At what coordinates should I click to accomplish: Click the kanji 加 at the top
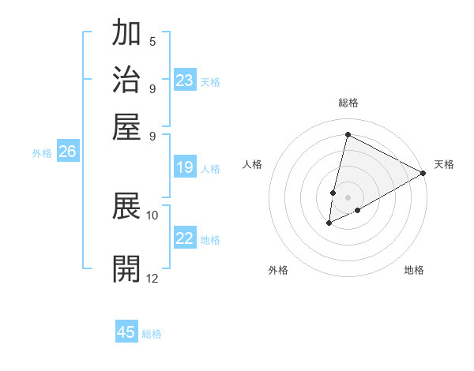pyautogui.click(x=126, y=34)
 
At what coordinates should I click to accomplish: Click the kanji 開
pyautogui.click(x=126, y=269)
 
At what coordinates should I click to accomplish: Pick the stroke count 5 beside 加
pyautogui.click(x=152, y=41)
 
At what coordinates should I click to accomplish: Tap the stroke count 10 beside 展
pyautogui.click(x=152, y=215)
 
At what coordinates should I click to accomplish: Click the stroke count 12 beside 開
pyautogui.click(x=152, y=278)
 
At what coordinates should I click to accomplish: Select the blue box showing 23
pyautogui.click(x=184, y=81)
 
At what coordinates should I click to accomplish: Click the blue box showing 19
pyautogui.click(x=184, y=167)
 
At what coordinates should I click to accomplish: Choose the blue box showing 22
pyautogui.click(x=184, y=238)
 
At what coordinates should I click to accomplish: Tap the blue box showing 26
pyautogui.click(x=67, y=152)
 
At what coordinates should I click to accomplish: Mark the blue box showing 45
pyautogui.click(x=126, y=332)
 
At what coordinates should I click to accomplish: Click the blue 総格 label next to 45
pyautogui.click(x=152, y=334)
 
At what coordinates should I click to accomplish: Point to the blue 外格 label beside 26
pyautogui.click(x=42, y=153)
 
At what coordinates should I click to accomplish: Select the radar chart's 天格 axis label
pyautogui.click(x=444, y=164)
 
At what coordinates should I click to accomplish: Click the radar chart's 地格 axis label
pyautogui.click(x=414, y=271)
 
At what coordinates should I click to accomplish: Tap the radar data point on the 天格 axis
pyautogui.click(x=423, y=174)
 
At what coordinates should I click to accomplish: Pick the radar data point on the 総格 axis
pyautogui.click(x=348, y=134)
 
